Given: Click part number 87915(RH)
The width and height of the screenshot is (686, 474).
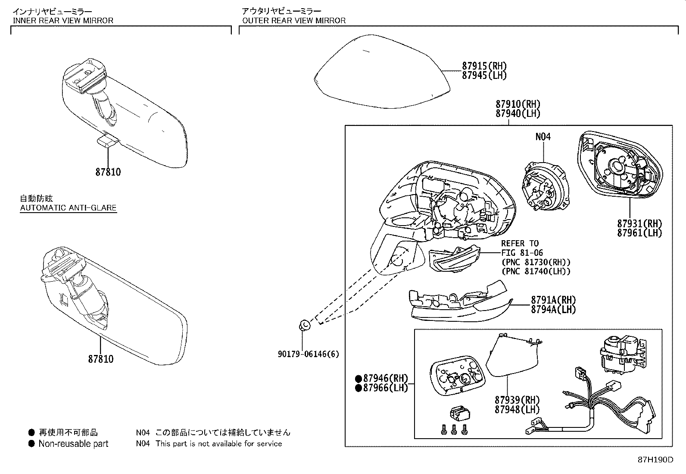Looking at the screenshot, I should (484, 66).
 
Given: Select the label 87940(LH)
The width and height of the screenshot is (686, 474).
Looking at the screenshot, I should (518, 113).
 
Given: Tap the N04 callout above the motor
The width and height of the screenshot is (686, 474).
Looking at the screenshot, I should (543, 137).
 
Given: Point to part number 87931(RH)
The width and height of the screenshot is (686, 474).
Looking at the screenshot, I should (639, 223).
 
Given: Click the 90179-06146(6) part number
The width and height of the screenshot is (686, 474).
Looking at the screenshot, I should (308, 354).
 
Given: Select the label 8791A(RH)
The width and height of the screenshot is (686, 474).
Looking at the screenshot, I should (553, 300).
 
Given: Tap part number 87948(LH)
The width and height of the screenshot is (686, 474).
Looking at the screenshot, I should (517, 409).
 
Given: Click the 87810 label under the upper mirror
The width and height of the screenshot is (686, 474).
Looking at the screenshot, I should (108, 172).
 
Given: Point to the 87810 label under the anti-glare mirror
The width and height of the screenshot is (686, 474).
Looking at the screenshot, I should (101, 359).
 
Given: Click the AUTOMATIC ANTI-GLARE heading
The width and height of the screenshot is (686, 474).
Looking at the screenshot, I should (68, 207).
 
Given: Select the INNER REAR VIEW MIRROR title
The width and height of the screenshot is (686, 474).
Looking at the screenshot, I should (63, 20).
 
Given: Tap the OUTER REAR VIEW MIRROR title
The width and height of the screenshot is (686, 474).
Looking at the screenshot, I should (293, 20).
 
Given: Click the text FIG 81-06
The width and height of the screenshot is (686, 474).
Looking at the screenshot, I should (522, 253).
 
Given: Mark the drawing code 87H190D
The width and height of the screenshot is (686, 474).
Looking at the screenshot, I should (655, 459).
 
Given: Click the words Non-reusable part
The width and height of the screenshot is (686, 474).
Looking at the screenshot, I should (73, 443).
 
